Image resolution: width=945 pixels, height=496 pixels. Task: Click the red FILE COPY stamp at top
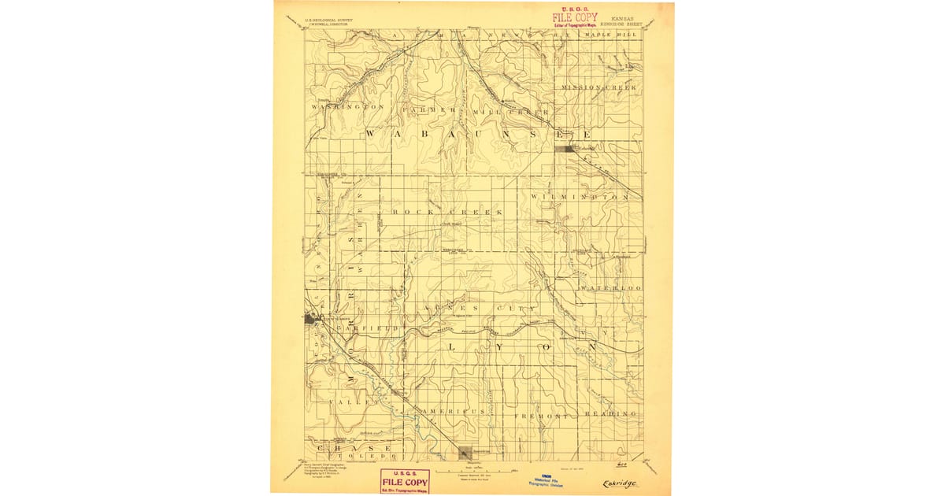(574, 17)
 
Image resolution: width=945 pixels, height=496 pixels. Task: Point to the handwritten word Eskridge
(620, 483)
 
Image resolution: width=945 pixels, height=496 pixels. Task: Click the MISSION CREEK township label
(598, 87)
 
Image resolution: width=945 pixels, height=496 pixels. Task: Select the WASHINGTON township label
(347, 106)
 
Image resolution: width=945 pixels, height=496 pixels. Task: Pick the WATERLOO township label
(611, 289)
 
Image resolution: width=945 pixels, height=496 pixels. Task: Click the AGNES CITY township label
(479, 308)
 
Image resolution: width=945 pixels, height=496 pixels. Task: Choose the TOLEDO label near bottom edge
(363, 456)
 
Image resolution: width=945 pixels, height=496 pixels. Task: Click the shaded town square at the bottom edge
(466, 452)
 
